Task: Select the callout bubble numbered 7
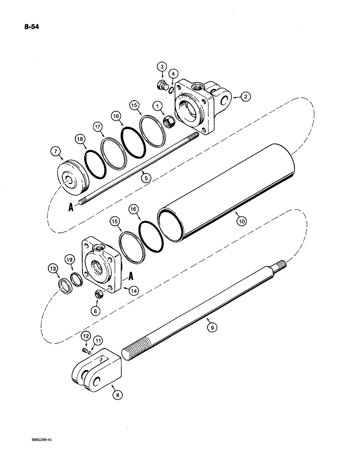click(x=56, y=151)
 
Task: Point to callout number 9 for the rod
click(x=212, y=328)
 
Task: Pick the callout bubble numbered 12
click(x=85, y=336)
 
